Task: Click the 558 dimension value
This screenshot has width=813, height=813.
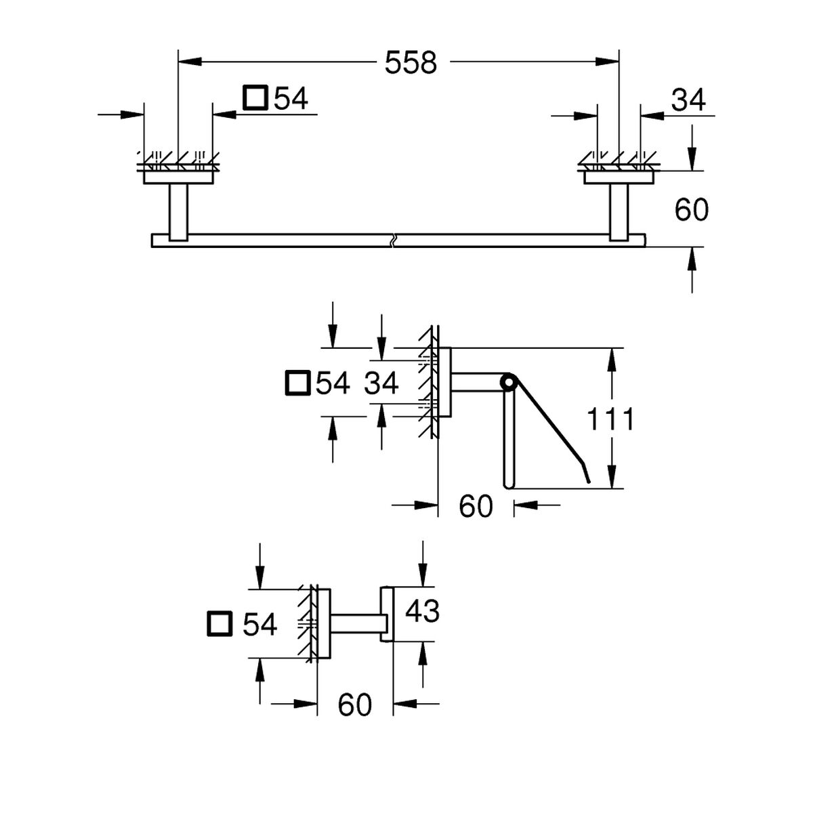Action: (411, 63)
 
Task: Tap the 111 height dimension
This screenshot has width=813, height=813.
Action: (610, 419)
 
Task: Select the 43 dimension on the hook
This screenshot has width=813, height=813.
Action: (422, 611)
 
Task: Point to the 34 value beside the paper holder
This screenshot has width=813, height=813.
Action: (381, 383)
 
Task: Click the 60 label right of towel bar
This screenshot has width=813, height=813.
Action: (691, 210)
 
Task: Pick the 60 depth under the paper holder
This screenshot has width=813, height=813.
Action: (476, 506)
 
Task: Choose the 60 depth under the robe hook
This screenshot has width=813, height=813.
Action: (355, 705)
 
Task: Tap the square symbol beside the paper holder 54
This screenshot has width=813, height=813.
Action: (297, 383)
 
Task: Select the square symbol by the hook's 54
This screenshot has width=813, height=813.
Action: (220, 623)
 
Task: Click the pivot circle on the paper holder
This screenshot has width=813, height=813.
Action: (507, 383)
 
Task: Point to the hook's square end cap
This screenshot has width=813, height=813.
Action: (386, 613)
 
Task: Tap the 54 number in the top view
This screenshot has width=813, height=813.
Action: (290, 99)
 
